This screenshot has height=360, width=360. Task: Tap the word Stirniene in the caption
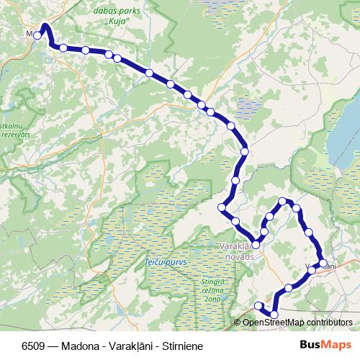(182, 346)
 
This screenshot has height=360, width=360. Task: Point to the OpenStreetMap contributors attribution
(297, 322)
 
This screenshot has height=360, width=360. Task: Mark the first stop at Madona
(37, 35)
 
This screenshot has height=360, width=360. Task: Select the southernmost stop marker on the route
(274, 314)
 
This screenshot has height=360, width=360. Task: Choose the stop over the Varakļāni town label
(323, 264)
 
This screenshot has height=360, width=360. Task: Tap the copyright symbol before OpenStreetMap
(238, 322)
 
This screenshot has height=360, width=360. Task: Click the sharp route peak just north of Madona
(45, 25)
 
